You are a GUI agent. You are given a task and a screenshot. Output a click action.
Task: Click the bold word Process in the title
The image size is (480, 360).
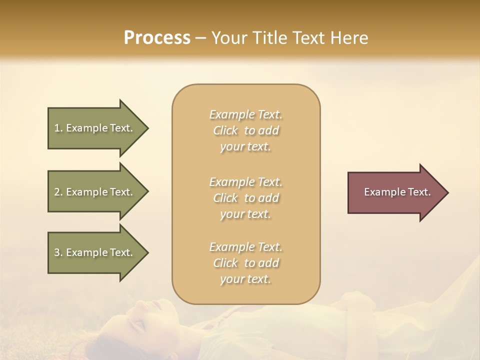click(x=157, y=38)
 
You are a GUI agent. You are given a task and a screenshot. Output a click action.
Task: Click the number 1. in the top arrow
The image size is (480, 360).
click(x=58, y=128)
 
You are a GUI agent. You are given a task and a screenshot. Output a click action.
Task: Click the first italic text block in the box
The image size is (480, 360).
click(x=245, y=130)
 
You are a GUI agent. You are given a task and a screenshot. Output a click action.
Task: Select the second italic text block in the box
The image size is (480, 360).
click(x=245, y=198)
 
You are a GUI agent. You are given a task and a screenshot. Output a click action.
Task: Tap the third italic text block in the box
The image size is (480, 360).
click(x=245, y=263)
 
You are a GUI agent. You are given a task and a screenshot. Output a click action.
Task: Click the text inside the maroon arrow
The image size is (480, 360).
click(x=397, y=192)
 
